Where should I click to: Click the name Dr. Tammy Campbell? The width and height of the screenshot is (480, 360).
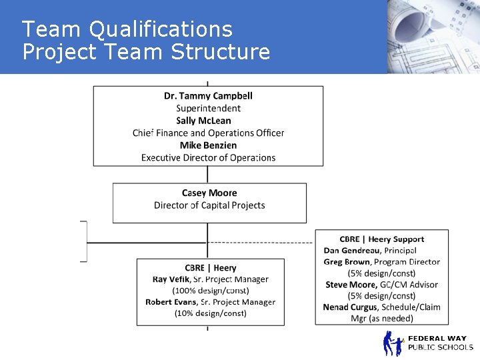tap(208, 96)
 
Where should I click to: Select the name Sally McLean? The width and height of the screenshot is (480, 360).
tap(203, 121)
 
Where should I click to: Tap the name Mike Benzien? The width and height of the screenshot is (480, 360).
tap(208, 145)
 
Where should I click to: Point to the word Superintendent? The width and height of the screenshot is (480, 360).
tap(208, 108)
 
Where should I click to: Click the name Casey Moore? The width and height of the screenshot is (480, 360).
tap(209, 193)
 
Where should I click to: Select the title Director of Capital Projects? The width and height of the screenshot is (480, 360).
tap(209, 205)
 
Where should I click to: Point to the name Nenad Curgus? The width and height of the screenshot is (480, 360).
tap(350, 307)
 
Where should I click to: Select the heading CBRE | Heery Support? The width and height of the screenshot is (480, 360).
tap(381, 239)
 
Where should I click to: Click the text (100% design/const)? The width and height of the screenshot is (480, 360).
tap(210, 291)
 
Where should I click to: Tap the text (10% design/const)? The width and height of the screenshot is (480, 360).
tap(210, 313)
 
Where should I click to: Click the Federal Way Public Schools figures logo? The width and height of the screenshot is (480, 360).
tap(393, 343)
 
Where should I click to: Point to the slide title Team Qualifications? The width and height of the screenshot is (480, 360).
tap(127, 29)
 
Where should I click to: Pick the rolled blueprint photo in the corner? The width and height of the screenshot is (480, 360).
tap(433, 33)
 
